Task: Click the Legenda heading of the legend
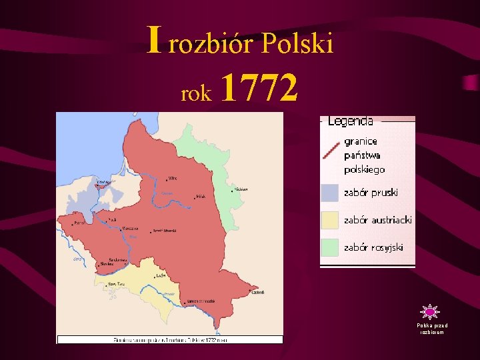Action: coord(350,121)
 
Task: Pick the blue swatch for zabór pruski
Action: coord(329,193)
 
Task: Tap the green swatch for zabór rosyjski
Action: coord(329,247)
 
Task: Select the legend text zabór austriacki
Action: coord(378,220)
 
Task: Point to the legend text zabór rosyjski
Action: coord(373,247)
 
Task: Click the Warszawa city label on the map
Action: coord(130,228)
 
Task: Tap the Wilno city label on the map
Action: coord(172,179)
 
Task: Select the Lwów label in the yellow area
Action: coord(161,275)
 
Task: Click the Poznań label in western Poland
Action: coord(80,223)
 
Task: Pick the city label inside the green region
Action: coord(241,189)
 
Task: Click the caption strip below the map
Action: coord(169,339)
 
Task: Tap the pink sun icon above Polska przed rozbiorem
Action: coord(430,311)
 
